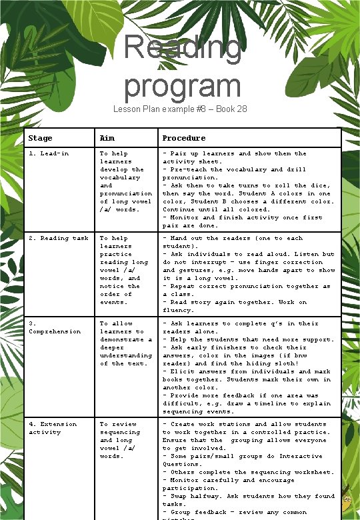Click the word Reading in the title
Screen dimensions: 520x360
click(x=182, y=48)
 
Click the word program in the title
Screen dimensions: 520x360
click(x=182, y=86)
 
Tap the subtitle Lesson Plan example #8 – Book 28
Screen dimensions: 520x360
click(x=180, y=109)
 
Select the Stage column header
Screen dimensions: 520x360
click(x=41, y=138)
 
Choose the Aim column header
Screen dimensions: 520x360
click(x=107, y=138)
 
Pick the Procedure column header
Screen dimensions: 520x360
click(x=184, y=138)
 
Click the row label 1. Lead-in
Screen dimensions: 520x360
click(x=49, y=153)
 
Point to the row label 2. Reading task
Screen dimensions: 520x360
click(x=59, y=238)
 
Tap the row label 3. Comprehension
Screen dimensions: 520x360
click(x=55, y=327)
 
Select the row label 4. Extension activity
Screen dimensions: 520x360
click(x=53, y=428)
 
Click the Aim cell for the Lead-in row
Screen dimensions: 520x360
click(x=125, y=181)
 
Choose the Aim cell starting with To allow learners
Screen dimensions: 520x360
click(x=125, y=343)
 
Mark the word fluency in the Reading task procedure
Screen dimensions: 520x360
click(x=178, y=310)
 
